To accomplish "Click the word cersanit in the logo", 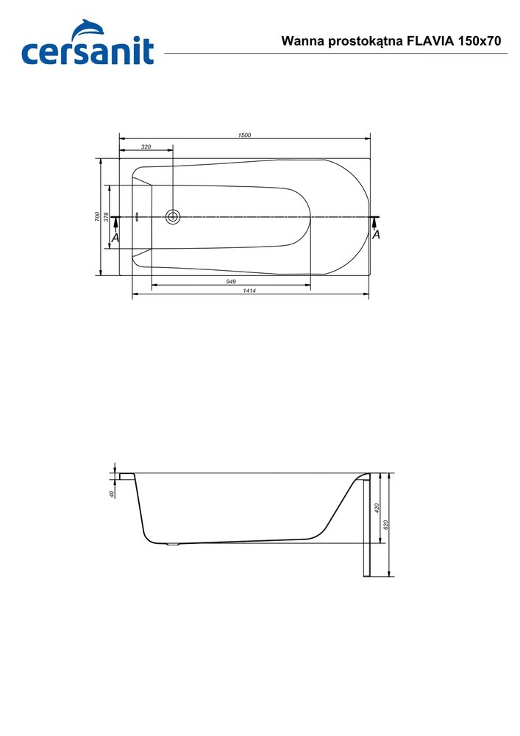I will tap(88, 52).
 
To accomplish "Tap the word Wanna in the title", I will tap(300, 42).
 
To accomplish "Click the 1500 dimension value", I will tap(244, 135).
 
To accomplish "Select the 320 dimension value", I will tap(146, 147).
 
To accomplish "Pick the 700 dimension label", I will tap(96, 216).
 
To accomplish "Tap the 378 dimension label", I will tap(106, 216).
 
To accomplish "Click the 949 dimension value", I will tap(230, 282).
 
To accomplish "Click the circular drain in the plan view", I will tap(173, 216).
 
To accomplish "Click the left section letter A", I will tap(115, 238).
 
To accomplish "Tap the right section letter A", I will tap(376, 235).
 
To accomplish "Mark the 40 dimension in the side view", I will tap(111, 494).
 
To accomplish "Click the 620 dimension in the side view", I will tap(386, 524).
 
